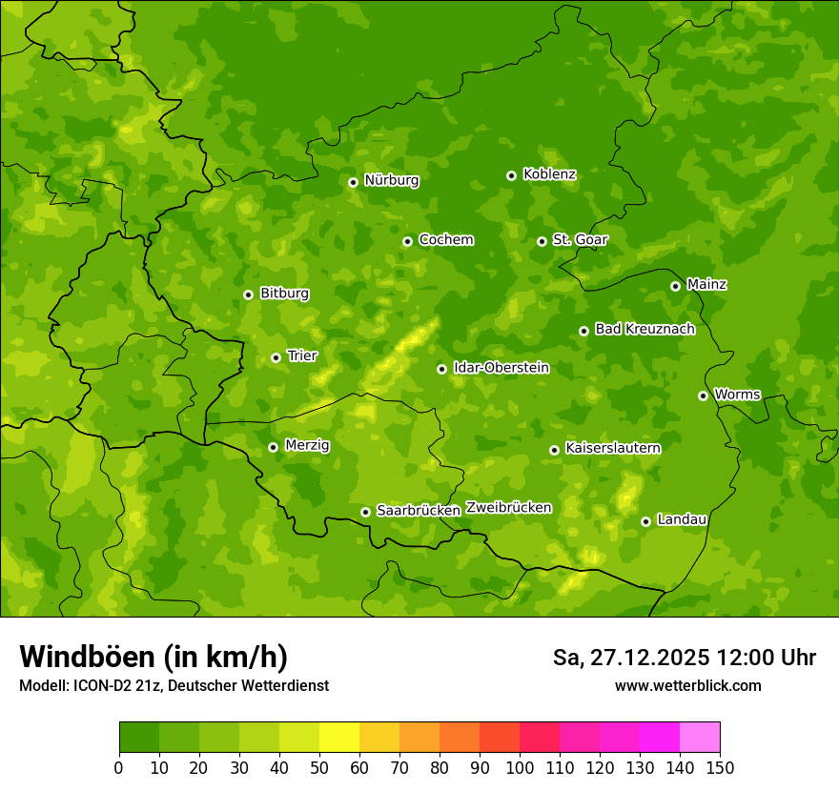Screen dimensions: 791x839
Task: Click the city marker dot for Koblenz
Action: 511,175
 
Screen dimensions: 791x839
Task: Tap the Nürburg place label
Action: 391,180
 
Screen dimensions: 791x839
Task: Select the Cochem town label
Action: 445,240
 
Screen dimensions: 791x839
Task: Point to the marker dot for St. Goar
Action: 542,241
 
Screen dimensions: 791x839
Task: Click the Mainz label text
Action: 706,284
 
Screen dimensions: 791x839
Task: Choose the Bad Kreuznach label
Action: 645,329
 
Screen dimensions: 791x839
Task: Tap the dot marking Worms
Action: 703,395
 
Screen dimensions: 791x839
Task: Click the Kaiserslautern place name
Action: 612,448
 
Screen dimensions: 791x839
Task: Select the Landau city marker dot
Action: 645,521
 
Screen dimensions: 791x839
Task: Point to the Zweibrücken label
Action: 508,508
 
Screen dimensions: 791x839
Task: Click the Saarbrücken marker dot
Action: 365,512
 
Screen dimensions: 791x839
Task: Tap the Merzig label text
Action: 307,445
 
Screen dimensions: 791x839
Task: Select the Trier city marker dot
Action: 276,357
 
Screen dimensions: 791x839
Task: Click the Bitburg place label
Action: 284,294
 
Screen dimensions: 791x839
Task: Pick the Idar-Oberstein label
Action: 501,368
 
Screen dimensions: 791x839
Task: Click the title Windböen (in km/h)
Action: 153,657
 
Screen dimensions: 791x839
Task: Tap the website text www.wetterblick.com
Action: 687,685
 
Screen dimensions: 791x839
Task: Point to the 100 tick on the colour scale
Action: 520,767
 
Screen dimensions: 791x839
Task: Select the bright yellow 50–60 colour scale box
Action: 339,738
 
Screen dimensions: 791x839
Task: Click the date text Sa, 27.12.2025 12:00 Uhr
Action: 684,658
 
